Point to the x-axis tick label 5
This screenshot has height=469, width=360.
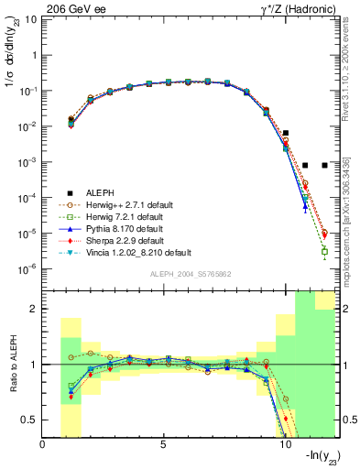tap(164, 445)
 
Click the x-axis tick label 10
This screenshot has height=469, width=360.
tap(284, 445)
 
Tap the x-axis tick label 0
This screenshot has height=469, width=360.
tap(43, 445)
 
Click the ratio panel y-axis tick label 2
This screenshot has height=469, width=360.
tap(34, 310)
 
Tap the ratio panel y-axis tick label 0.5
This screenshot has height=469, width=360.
tap(30, 420)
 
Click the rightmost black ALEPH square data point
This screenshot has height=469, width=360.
tap(324, 165)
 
